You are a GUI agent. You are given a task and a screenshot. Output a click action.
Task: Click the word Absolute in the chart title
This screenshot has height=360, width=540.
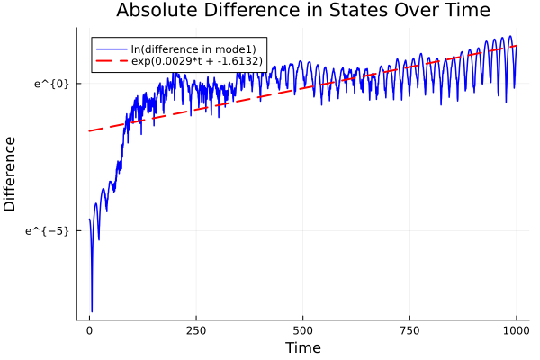tap(154, 12)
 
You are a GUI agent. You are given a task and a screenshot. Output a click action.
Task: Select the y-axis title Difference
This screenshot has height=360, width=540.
tap(11, 174)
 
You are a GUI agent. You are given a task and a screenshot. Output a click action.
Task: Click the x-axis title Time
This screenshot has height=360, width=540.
tap(302, 347)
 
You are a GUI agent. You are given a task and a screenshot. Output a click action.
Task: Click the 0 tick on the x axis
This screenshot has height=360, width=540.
tap(89, 330)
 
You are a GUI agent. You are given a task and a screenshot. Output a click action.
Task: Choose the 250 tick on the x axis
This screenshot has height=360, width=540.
tap(196, 330)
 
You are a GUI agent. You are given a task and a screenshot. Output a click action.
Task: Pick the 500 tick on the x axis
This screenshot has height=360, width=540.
tap(303, 330)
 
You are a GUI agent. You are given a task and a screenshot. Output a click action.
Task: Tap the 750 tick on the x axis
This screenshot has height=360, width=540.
tap(409, 330)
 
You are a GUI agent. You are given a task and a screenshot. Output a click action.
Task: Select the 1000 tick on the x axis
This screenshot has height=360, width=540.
tap(517, 330)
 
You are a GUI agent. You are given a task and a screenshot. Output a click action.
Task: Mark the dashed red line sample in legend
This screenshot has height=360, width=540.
tap(112, 61)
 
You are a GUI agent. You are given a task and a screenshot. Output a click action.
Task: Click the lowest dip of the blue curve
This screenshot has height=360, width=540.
tap(92, 311)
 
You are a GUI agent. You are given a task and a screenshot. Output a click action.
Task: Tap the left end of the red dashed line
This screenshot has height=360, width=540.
tap(89, 131)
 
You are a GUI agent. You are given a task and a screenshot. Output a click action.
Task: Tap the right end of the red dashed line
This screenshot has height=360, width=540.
tap(517, 45)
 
